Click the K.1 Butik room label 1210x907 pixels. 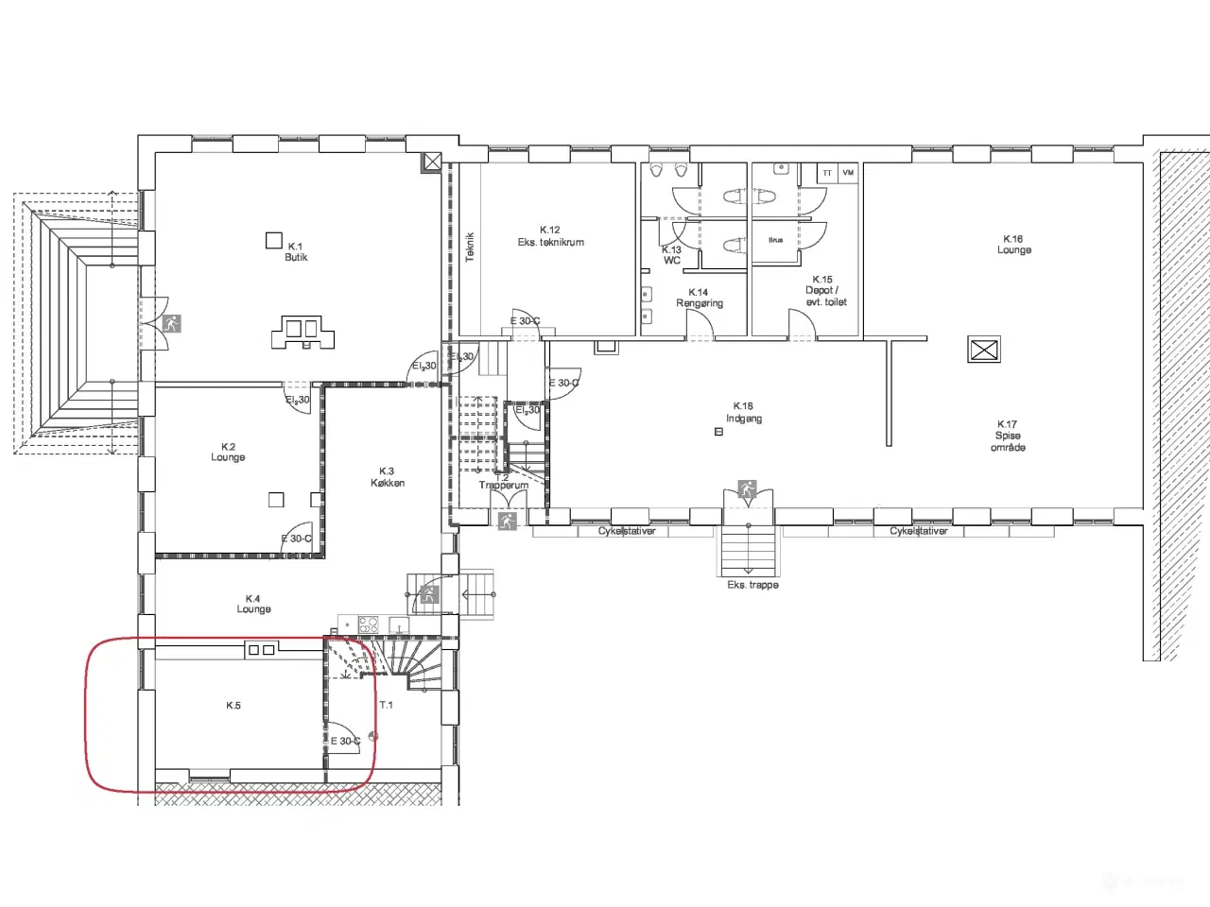pyautogui.click(x=296, y=251)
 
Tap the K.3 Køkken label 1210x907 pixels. pyautogui.click(x=387, y=477)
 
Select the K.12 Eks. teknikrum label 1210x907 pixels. pyautogui.click(x=550, y=236)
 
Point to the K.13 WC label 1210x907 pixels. pyautogui.click(x=671, y=255)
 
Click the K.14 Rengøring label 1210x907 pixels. pyautogui.click(x=699, y=298)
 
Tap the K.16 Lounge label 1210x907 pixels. pyautogui.click(x=1013, y=245)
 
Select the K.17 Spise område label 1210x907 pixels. pyautogui.click(x=1008, y=436)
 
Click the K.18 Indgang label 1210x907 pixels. pyautogui.click(x=744, y=412)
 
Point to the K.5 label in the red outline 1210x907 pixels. pyautogui.click(x=233, y=706)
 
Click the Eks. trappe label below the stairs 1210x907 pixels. pyautogui.click(x=752, y=585)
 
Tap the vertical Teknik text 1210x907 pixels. pyautogui.click(x=470, y=247)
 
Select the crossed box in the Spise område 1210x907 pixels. pyautogui.click(x=984, y=350)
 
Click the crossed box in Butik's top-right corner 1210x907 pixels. pyautogui.click(x=431, y=162)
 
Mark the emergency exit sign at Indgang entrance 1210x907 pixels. pyautogui.click(x=747, y=489)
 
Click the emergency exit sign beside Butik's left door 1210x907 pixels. pyautogui.click(x=171, y=323)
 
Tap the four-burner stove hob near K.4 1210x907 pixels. pyautogui.click(x=368, y=625)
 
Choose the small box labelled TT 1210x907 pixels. pyautogui.click(x=828, y=173)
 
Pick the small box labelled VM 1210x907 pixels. pyautogui.click(x=848, y=173)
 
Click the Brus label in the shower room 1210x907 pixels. pyautogui.click(x=775, y=240)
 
